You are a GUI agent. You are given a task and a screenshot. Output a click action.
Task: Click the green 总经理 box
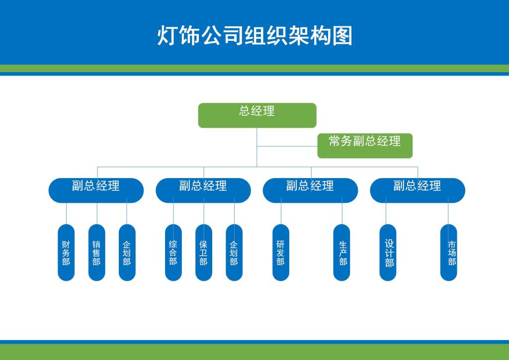point(257,115)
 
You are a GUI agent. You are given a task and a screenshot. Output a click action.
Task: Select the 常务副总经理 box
point(365,146)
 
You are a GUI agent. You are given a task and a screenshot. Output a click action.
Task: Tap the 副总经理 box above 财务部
point(96,190)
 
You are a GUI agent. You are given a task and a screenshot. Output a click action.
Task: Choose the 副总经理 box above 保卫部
point(203,190)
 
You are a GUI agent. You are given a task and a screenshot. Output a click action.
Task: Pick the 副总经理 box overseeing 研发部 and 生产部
point(310,190)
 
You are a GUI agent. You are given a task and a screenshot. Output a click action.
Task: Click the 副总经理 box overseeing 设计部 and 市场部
point(418,190)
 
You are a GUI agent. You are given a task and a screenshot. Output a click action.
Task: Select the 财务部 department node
point(66,253)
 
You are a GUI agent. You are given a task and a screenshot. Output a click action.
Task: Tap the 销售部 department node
point(97,253)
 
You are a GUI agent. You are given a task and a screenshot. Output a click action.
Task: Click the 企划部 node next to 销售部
point(127,253)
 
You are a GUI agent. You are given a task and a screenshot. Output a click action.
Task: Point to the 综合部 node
point(173,253)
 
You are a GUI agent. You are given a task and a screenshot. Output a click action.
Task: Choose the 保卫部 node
point(204,253)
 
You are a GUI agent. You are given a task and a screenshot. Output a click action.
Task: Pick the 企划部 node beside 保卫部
point(234,253)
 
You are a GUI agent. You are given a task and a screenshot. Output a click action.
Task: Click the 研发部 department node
point(281,253)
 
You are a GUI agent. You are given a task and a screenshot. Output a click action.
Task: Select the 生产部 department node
point(341,253)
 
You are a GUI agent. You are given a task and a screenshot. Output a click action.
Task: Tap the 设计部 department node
point(388,253)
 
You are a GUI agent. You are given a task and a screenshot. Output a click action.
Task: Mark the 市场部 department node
point(449,253)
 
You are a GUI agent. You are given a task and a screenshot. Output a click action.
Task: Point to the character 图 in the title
point(342,35)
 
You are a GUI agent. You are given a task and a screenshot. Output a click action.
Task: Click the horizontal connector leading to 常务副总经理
point(287,146)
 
